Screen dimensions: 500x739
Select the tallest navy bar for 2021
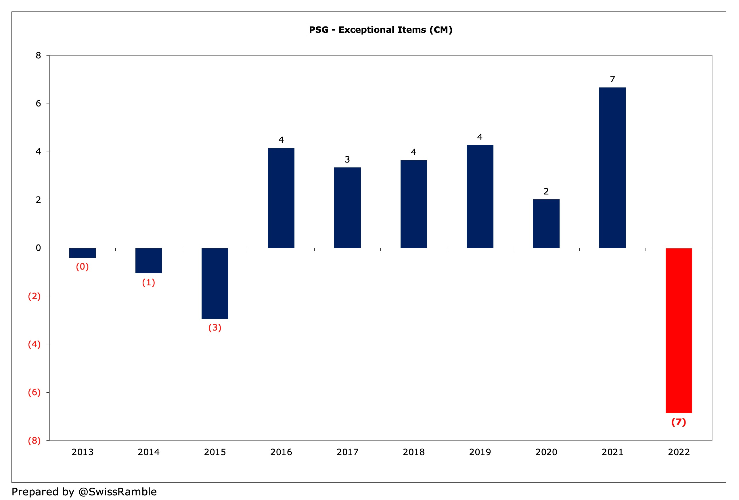612,168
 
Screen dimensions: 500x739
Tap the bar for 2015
215,283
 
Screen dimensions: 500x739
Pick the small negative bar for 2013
82,253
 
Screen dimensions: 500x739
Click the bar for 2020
546,224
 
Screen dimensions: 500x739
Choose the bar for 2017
347,207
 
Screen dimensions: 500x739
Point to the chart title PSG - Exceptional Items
381,30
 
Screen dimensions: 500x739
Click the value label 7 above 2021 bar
612,79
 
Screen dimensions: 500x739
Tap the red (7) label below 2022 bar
678,422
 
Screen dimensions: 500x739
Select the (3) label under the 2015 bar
215,328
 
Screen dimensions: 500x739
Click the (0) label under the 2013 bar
82,266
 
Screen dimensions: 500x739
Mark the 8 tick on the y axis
39,56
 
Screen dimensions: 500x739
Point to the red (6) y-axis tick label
34,392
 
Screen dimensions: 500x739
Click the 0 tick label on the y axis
39,248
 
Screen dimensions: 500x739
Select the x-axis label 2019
480,452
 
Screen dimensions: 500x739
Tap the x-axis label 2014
148,452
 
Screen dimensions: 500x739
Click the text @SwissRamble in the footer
117,492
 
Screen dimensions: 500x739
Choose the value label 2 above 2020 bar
546,192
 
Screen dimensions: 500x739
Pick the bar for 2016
281,198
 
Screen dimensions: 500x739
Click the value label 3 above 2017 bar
347,159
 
